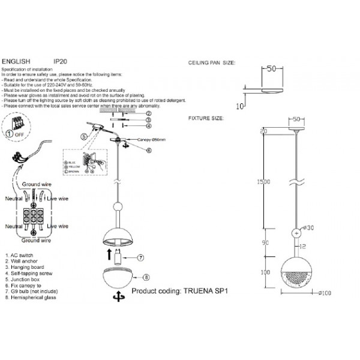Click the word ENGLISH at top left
[x=15, y=61]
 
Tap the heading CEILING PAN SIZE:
[x=212, y=62]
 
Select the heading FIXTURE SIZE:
[x=206, y=119]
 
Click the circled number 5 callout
[x=85, y=137]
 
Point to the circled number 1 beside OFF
[x=10, y=134]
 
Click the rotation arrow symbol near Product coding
[x=119, y=296]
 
